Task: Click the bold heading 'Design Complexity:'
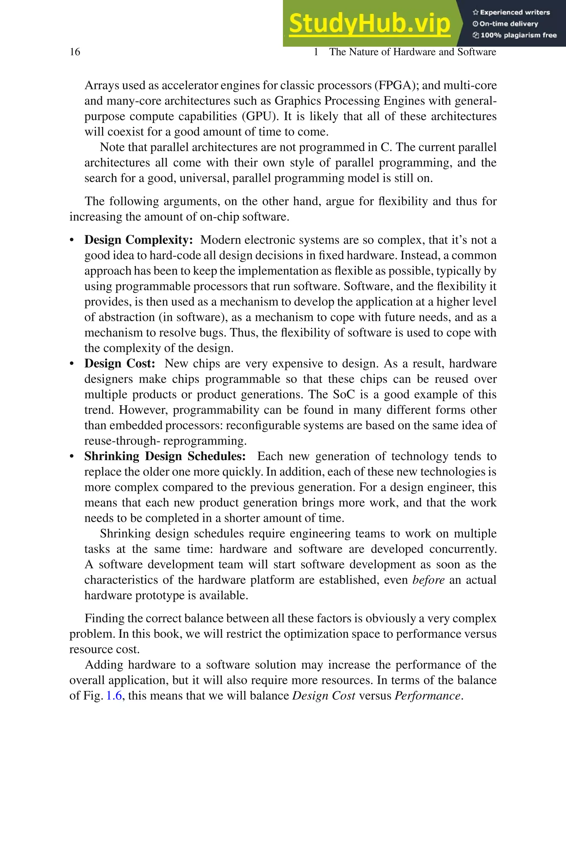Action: tap(139, 240)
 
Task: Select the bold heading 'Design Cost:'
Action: tap(119, 363)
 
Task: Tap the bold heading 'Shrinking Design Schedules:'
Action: tap(165, 456)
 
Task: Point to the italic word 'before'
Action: tap(428, 580)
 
